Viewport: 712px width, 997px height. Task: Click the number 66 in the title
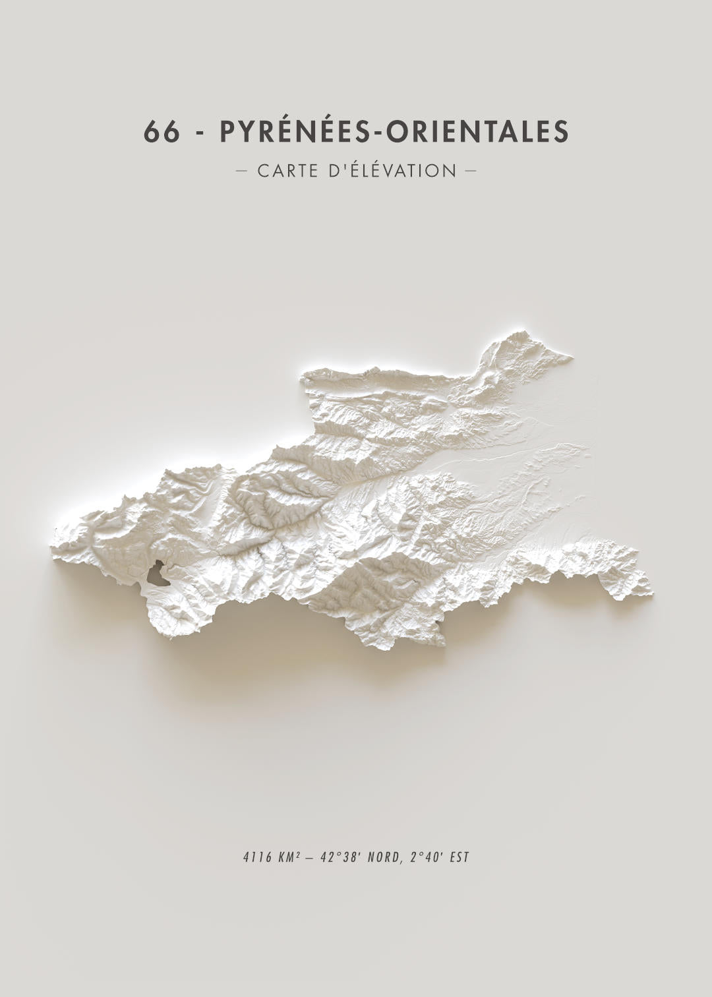pos(162,132)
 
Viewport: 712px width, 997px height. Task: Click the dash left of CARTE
pos(241,171)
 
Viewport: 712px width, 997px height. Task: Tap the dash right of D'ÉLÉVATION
pos(470,171)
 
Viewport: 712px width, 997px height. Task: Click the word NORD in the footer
pos(385,858)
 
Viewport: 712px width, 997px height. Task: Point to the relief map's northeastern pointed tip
pos(571,358)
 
